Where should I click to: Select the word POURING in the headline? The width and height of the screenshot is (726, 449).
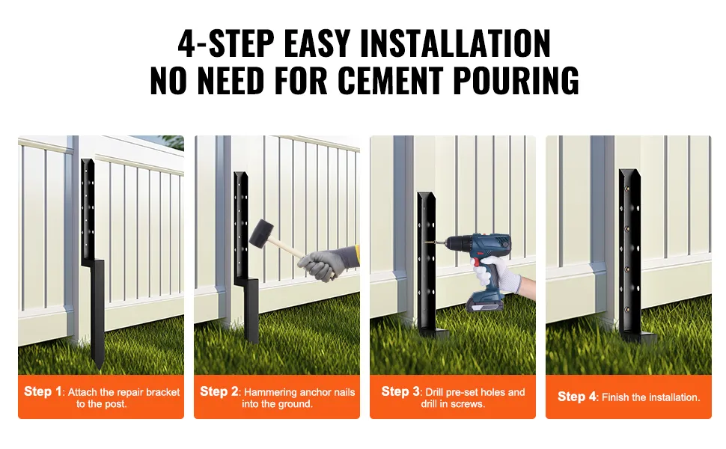pyautogui.click(x=516, y=80)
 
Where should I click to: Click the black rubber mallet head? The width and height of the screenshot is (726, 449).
pyautogui.click(x=261, y=232)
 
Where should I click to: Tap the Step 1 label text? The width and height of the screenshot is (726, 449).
pyautogui.click(x=43, y=391)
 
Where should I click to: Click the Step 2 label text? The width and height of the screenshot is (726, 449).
pyautogui.click(x=219, y=391)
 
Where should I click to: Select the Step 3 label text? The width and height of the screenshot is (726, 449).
pyautogui.click(x=400, y=391)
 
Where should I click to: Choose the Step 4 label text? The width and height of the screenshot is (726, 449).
pyautogui.click(x=577, y=397)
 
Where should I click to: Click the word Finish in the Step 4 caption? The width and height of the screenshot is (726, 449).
pyautogui.click(x=615, y=397)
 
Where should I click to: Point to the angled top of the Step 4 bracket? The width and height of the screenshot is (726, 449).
pyautogui.click(x=629, y=176)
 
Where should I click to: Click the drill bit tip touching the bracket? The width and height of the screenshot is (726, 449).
pyautogui.click(x=430, y=241)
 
